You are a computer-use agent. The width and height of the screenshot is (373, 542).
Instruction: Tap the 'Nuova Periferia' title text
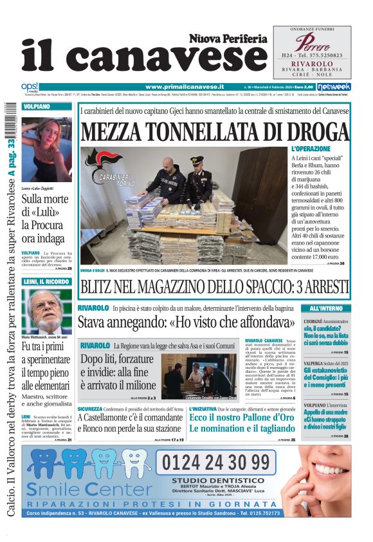coord(228,39)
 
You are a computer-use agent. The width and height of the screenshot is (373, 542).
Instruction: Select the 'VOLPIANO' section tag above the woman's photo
coord(36,106)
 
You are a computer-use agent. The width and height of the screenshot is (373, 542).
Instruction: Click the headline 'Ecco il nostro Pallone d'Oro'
coord(241,417)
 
